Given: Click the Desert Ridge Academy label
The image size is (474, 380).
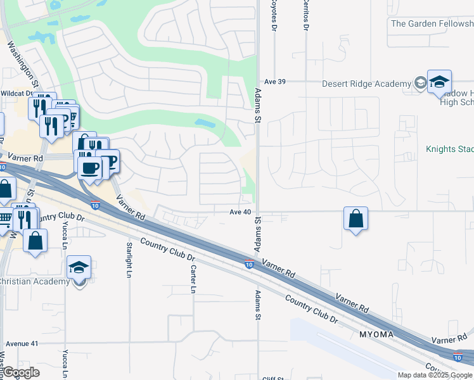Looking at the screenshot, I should tap(366, 84).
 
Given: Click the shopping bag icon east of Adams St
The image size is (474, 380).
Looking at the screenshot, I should tap(356, 218).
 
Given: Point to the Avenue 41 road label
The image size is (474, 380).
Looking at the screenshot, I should tap(22, 343).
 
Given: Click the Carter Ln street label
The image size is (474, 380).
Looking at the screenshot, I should tap(193, 279).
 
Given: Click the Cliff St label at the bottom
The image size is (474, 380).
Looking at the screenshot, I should tap(274, 378).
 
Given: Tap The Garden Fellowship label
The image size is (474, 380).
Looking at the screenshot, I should tap(432, 24).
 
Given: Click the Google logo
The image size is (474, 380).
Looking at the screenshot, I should tap(22, 372).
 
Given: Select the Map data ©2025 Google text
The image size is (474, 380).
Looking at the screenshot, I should tap(435, 375).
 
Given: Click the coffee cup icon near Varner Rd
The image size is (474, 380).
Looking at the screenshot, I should tap(89, 168).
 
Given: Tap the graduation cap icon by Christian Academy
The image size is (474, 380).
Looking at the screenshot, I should tap(79, 269).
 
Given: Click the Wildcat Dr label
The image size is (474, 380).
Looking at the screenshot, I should tap(16, 92).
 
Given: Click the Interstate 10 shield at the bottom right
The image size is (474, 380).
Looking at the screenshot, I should tap(458, 357).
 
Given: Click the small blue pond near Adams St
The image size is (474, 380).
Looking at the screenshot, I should tap(205, 123).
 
